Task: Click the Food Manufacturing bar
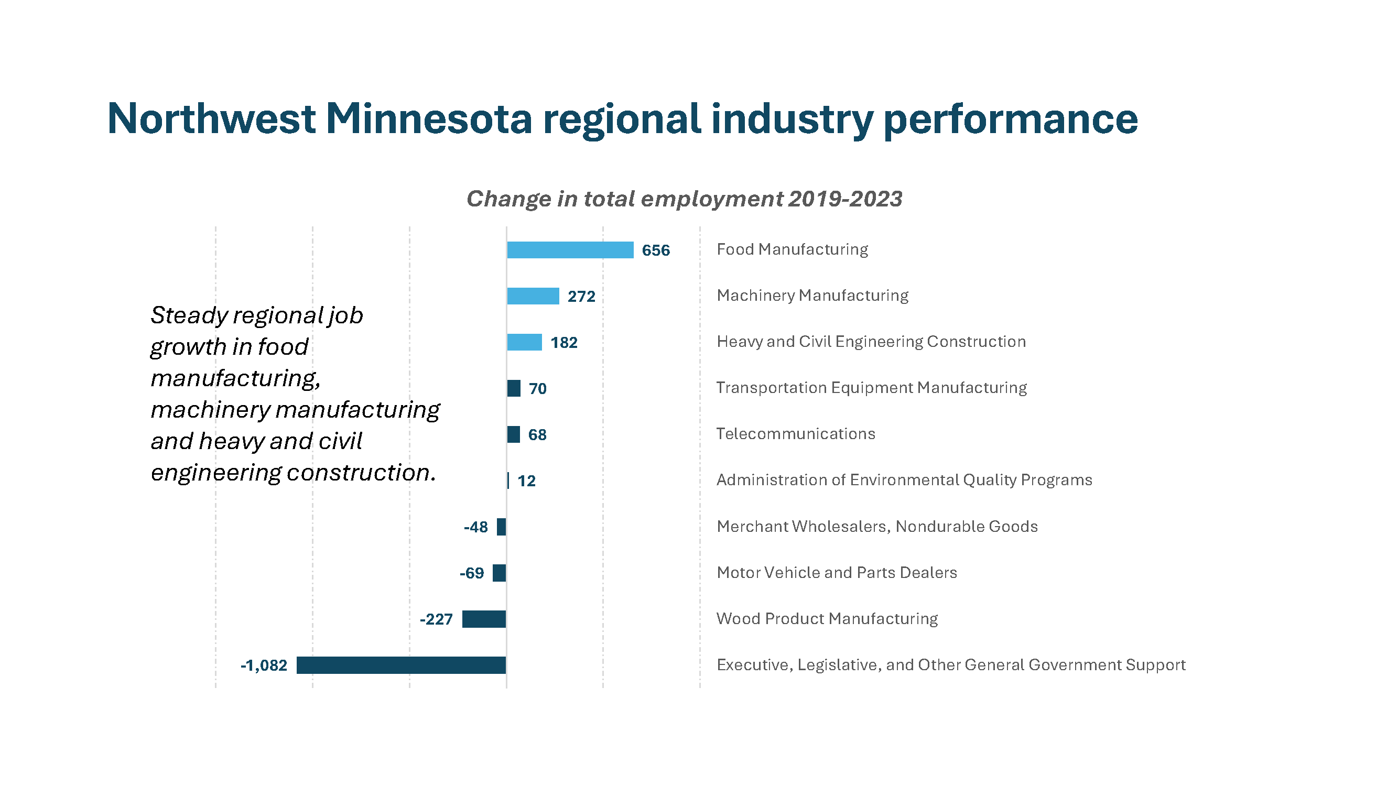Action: pyautogui.click(x=570, y=250)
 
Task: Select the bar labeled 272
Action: pyautogui.click(x=533, y=296)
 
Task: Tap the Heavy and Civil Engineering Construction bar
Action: pyautogui.click(x=524, y=342)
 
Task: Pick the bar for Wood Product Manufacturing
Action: pyautogui.click(x=483, y=619)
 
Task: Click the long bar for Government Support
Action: pyautogui.click(x=401, y=665)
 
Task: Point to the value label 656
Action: pyautogui.click(x=656, y=250)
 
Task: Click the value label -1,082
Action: pyautogui.click(x=264, y=665)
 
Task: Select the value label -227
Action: pyautogui.click(x=436, y=619)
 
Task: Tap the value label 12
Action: pyautogui.click(x=526, y=481)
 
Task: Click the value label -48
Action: pyautogui.click(x=475, y=527)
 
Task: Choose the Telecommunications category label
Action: pyautogui.click(x=795, y=434)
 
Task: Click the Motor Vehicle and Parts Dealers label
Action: pyautogui.click(x=836, y=573)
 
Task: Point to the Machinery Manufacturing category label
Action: pyautogui.click(x=812, y=296)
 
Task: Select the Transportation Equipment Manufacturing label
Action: pyautogui.click(x=871, y=388)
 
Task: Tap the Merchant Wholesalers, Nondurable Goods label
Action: pyautogui.click(x=876, y=527)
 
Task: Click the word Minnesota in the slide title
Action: pyautogui.click(x=429, y=119)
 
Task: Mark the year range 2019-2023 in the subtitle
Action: pyautogui.click(x=845, y=199)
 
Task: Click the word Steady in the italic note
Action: pyautogui.click(x=188, y=315)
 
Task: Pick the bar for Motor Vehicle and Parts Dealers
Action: pyautogui.click(x=498, y=573)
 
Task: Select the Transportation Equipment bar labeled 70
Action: pyautogui.click(x=513, y=388)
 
